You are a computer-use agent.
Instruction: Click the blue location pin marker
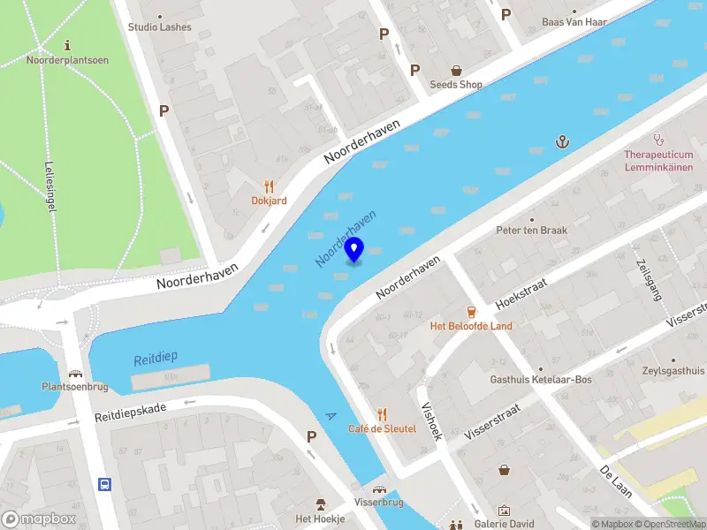(x=354, y=251)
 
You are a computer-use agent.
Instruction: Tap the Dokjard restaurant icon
(x=269, y=186)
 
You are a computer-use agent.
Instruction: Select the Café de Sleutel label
(x=382, y=428)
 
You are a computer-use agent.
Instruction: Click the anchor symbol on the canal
(x=560, y=141)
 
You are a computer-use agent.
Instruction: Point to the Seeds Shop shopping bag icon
(x=456, y=70)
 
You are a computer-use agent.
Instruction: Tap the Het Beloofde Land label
(x=470, y=326)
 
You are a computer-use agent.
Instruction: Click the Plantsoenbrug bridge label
(x=75, y=387)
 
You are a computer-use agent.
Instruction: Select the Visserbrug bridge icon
(x=380, y=488)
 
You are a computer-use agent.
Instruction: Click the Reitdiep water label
(x=156, y=358)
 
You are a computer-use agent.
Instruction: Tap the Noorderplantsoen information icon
(x=69, y=44)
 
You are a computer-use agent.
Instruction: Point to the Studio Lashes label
(x=159, y=27)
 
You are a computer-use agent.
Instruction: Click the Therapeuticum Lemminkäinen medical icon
(x=658, y=139)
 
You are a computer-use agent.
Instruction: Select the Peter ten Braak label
(x=531, y=230)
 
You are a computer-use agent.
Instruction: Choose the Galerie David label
(x=505, y=524)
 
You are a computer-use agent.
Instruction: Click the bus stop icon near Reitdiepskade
(x=105, y=484)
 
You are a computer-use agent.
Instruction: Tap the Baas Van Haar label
(x=574, y=21)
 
